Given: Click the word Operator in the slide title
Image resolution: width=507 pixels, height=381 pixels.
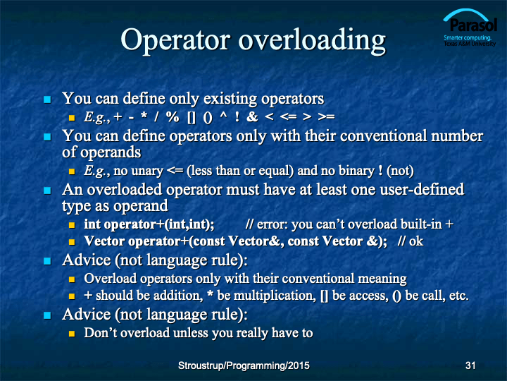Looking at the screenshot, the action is point(175,40).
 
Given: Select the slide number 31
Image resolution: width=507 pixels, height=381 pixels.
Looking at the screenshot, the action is point(470,365).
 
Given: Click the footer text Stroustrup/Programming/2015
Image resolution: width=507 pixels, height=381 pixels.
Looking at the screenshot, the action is point(244,365).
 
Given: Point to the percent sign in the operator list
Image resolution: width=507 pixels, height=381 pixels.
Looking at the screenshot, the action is point(173,117).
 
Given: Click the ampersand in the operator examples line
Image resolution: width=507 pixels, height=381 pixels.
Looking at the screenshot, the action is point(252,117).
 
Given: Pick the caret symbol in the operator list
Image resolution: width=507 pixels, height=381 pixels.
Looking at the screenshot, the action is point(223,115).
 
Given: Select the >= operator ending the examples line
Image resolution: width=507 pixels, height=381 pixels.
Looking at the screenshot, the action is point(326,117).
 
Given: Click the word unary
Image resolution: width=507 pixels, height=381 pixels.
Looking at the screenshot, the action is point(147,171).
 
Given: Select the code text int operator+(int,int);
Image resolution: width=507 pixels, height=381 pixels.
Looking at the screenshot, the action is point(149,224).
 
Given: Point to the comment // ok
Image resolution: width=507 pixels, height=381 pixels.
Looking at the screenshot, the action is point(411,241).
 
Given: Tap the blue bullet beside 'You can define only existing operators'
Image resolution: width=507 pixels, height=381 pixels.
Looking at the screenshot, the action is point(48,99).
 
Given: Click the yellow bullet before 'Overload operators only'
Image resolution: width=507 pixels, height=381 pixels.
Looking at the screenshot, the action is point(72,279).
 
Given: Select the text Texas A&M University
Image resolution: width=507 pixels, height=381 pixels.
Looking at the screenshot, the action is point(470,44).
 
